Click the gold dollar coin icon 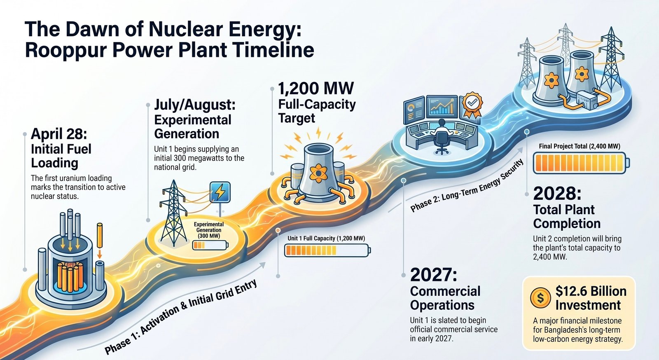coord(540,298)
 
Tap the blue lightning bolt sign coord(220,192)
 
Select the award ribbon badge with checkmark coord(472,104)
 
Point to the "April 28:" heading coord(59,134)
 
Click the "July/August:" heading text coord(195,105)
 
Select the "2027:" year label coord(434,275)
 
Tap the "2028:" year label coord(557,193)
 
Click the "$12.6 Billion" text coord(591,291)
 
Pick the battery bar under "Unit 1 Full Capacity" coord(327,250)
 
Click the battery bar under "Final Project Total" coord(581,163)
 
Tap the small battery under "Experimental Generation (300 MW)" coord(210,245)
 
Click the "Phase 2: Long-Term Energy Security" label coord(467,186)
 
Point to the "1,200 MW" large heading coord(315,88)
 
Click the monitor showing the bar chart coord(442,106)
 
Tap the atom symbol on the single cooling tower coord(317,173)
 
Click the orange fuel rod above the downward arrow coord(100,235)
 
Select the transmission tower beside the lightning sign coord(173,213)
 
